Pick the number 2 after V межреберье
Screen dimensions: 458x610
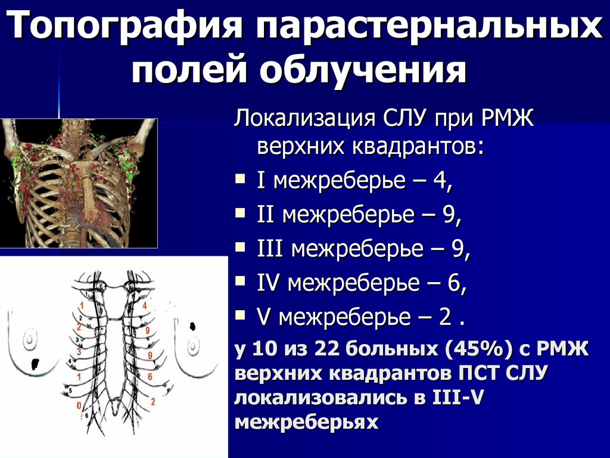[444, 318]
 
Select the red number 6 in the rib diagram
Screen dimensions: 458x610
[151, 377]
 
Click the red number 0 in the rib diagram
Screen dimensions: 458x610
[78, 406]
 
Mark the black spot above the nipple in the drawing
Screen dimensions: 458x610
[193, 326]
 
